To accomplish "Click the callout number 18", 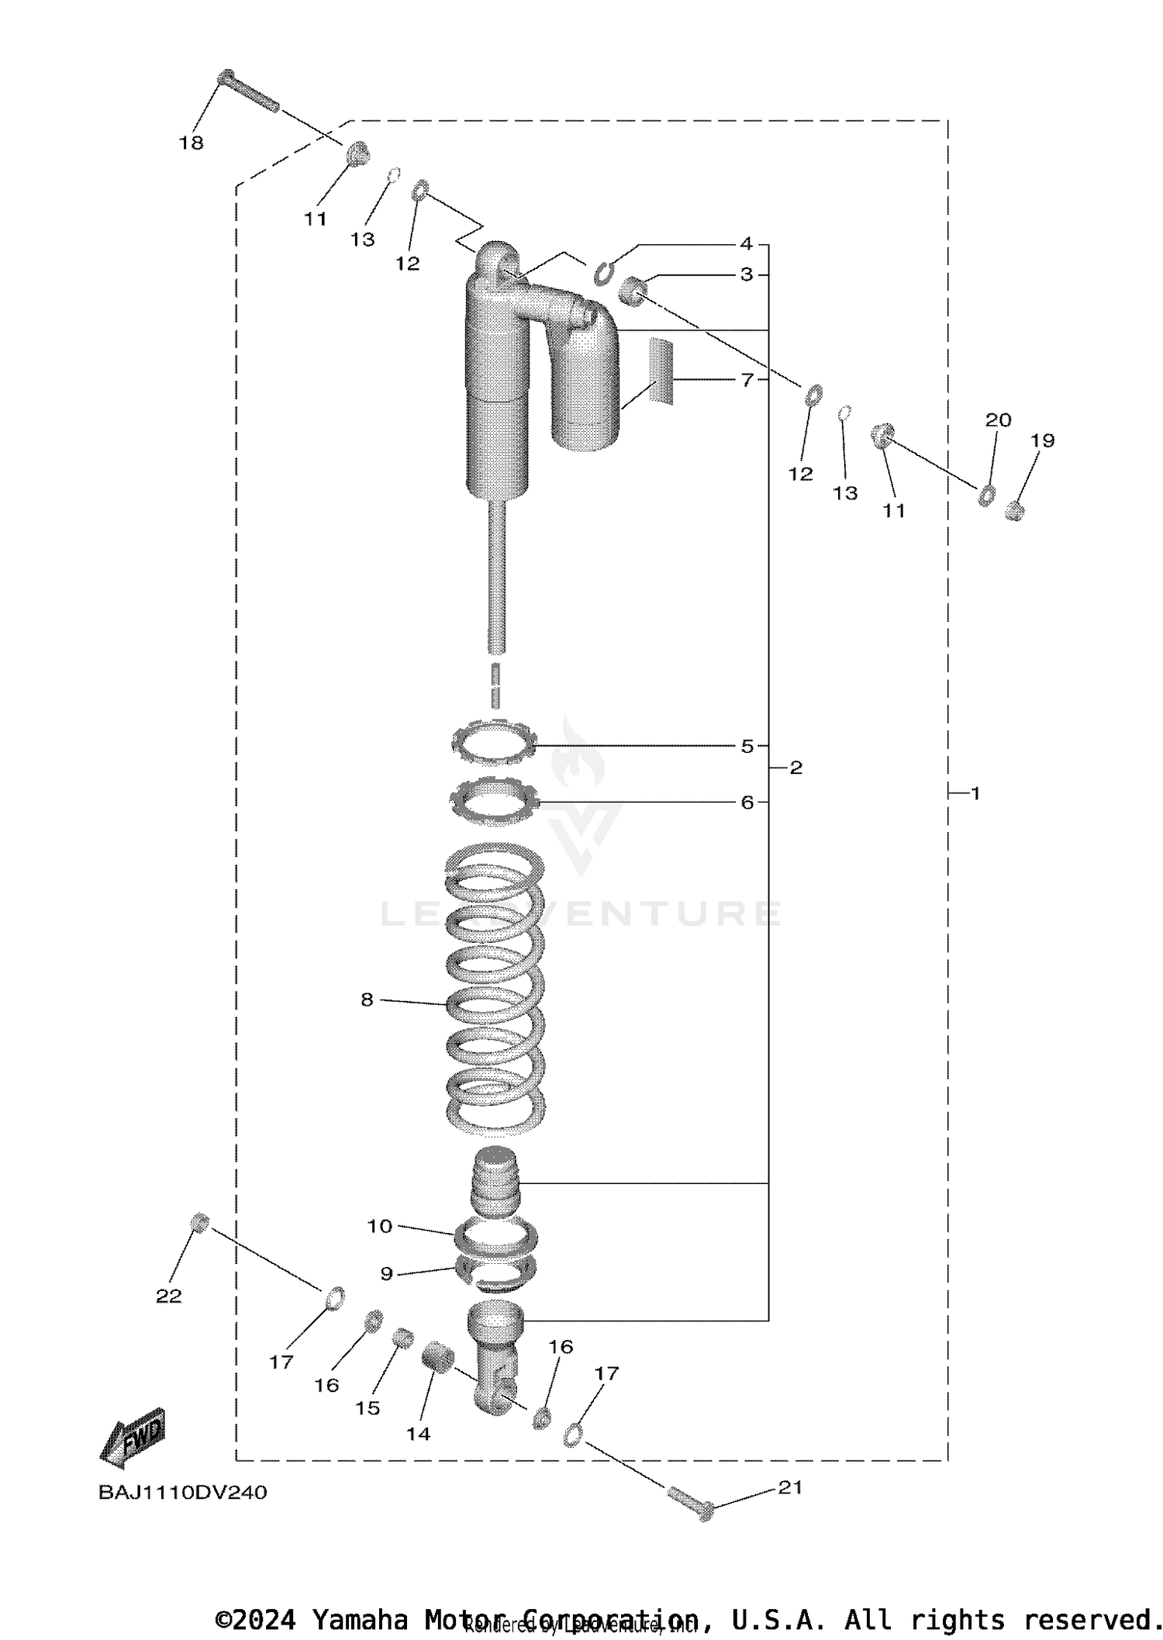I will click(191, 143).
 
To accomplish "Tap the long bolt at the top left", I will click(248, 91).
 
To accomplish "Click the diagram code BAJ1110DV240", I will click(182, 1492).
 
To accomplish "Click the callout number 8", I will click(367, 1000).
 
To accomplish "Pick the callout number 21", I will click(790, 1487).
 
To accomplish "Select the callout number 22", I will click(169, 1296).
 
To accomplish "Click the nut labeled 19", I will click(1014, 511).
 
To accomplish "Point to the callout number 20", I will click(998, 419).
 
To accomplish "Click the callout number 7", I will click(747, 380).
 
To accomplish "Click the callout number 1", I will click(975, 793).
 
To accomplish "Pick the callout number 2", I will click(795, 768).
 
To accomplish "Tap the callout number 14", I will click(418, 1434).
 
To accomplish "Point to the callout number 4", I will click(746, 243).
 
